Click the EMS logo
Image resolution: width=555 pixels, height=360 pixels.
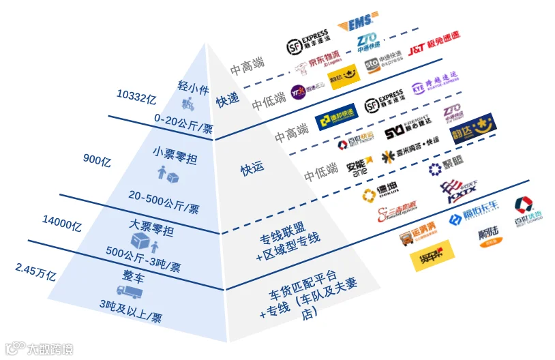click(355, 22)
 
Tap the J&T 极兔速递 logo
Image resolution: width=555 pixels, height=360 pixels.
click(434, 48)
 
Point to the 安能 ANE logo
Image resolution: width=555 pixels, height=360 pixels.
click(359, 166)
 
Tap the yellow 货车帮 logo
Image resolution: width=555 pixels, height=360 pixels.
click(432, 260)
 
